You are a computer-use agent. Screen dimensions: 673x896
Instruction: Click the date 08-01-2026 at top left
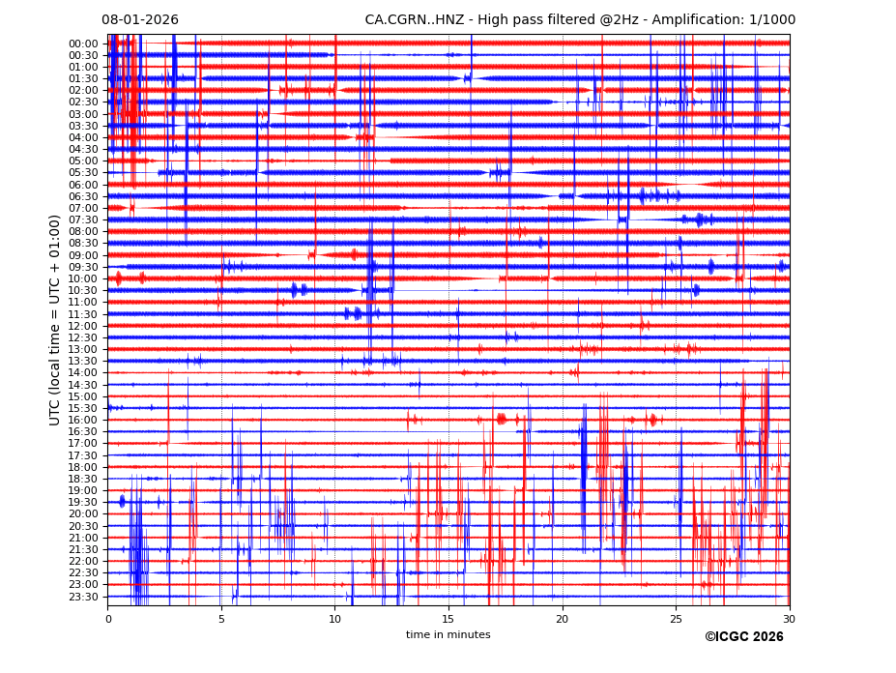click(x=140, y=20)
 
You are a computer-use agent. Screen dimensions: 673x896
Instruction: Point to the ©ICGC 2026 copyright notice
click(x=743, y=637)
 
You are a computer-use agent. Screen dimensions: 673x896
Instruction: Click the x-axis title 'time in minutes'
click(x=448, y=635)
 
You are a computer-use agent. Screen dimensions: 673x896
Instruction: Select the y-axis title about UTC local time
click(x=55, y=320)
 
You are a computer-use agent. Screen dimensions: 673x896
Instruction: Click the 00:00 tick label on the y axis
click(x=83, y=44)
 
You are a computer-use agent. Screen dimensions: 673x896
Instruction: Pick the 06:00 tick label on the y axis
click(x=83, y=185)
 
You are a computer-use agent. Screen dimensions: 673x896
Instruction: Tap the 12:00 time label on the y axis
click(x=83, y=326)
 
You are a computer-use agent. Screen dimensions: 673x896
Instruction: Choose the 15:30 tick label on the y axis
click(x=83, y=408)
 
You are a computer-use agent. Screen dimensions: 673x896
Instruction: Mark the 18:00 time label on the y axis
click(x=83, y=467)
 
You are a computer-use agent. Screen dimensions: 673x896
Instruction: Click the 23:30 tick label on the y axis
click(x=83, y=597)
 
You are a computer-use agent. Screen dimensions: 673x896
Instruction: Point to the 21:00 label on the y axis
click(x=83, y=538)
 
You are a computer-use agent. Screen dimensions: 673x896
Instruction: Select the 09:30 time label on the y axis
click(x=83, y=267)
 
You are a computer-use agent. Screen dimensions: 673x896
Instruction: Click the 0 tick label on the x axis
click(x=107, y=619)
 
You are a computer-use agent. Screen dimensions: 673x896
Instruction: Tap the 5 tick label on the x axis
click(x=221, y=619)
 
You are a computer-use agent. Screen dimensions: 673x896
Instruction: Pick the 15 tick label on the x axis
click(x=448, y=619)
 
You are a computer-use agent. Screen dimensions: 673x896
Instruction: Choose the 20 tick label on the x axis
click(x=563, y=619)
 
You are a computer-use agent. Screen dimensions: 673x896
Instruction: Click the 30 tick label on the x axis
click(x=789, y=619)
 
